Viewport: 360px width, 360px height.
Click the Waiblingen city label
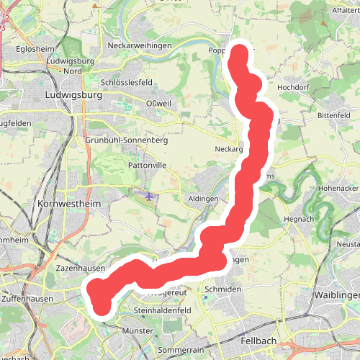[x=336, y=295]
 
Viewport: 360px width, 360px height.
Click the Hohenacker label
[x=338, y=188]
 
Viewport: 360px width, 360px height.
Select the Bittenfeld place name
[x=333, y=115]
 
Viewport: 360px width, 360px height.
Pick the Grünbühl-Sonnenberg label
[x=126, y=140]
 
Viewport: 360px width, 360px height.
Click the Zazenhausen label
[x=81, y=268]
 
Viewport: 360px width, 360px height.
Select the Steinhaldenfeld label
[x=161, y=310]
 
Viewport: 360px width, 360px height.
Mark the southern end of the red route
[x=102, y=307]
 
